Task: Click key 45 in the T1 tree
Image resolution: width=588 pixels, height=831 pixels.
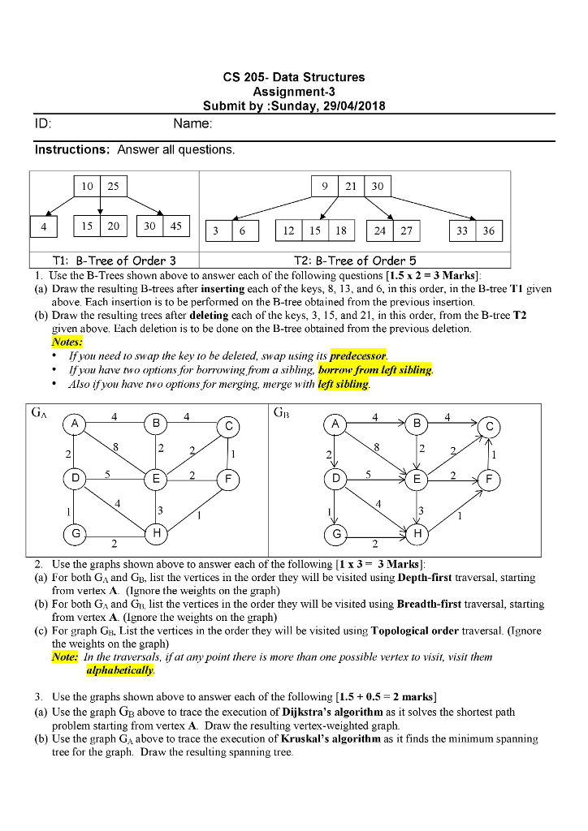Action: pos(175,226)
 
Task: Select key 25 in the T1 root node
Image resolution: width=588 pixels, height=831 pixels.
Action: pos(113,186)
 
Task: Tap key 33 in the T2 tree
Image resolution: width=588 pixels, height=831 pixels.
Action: pos(462,230)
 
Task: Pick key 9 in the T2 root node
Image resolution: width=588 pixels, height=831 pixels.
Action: pos(326,186)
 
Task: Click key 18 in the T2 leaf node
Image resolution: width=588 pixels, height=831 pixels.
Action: pos(341,230)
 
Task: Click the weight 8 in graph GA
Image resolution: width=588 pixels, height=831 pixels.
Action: pos(116,446)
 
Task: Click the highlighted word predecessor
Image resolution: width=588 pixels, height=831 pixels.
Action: pos(358,356)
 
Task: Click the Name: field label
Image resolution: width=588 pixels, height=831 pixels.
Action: pos(192,124)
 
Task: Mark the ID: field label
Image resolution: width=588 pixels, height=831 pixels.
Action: pos(42,124)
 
